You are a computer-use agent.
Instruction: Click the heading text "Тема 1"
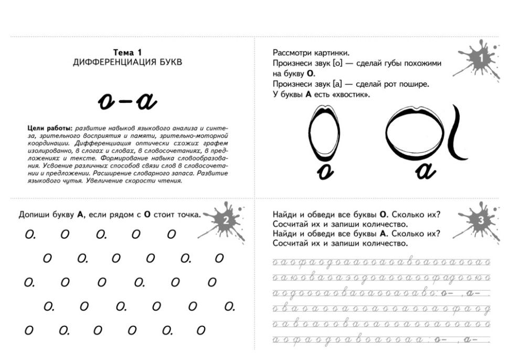coord(128,52)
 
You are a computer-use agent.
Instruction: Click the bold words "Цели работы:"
coord(49,128)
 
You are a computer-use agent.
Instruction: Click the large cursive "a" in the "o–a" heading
coord(144,102)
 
